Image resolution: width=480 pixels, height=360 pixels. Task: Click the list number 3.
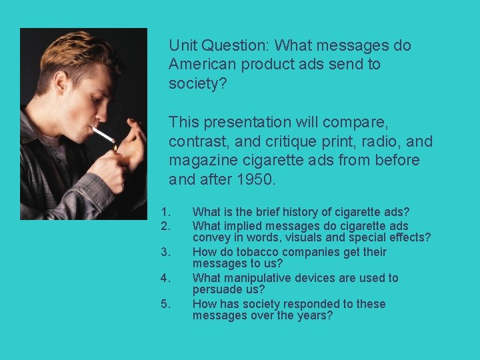point(165,252)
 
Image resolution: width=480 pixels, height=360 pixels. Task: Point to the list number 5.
point(165,304)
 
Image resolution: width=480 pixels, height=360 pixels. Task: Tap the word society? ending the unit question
point(195,84)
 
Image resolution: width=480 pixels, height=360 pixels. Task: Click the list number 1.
point(165,213)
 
